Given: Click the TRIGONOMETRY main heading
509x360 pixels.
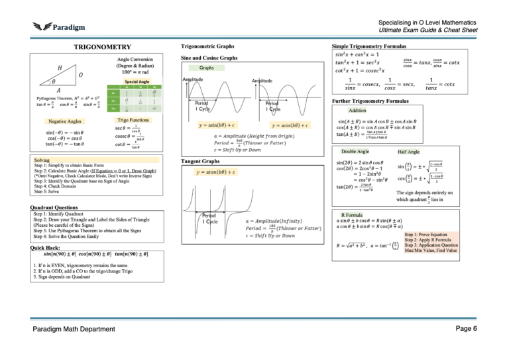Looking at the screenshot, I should click(102, 48).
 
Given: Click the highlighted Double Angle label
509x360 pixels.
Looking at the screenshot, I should click(355, 152).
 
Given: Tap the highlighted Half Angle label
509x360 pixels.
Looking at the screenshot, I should click(408, 152).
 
